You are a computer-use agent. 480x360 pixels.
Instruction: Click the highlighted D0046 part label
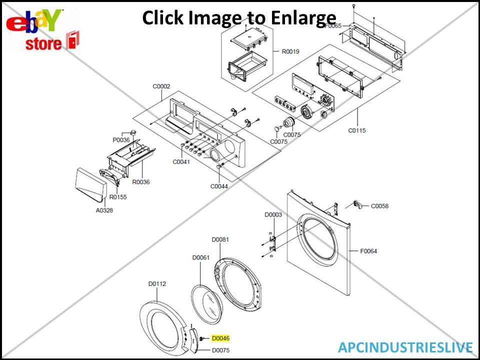(220, 338)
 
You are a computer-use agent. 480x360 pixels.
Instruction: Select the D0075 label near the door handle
(220, 350)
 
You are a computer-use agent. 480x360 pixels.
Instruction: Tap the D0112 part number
(157, 283)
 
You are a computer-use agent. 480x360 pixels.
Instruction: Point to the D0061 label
(200, 257)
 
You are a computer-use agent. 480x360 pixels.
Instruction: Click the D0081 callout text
(220, 239)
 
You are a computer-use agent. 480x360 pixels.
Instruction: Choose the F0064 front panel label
(368, 251)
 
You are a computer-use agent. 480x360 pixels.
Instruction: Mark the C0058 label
(379, 206)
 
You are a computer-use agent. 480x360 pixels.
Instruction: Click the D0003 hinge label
(273, 214)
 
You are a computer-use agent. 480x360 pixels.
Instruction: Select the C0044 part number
(219, 186)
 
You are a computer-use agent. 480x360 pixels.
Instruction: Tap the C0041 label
(181, 161)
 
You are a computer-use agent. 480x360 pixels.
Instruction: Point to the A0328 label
(104, 210)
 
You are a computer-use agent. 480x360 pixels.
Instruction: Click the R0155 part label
(118, 197)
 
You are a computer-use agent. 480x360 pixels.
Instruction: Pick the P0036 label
(121, 140)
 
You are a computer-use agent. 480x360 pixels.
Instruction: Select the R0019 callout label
(290, 51)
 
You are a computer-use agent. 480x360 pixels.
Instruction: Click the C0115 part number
(357, 130)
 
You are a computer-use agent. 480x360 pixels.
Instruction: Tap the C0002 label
(161, 86)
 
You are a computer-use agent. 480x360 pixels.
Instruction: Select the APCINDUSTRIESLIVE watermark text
(405, 347)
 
